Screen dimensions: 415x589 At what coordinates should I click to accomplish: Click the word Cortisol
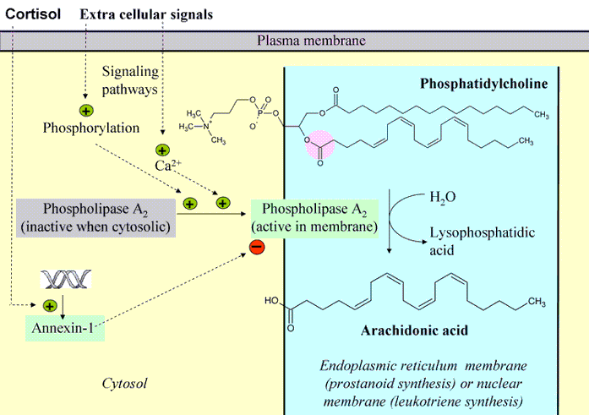pyautogui.click(x=33, y=14)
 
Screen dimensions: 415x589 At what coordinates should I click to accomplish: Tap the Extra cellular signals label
pyautogui.click(x=145, y=14)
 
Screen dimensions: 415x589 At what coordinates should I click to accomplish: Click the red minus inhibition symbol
pyautogui.click(x=256, y=247)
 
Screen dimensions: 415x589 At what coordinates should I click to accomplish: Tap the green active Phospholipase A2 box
pyautogui.click(x=314, y=217)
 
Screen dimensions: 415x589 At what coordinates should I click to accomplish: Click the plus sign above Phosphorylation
pyautogui.click(x=85, y=111)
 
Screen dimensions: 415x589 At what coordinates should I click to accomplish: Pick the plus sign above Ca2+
pyautogui.click(x=161, y=150)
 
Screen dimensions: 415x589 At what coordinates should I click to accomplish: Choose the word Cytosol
pyautogui.click(x=124, y=384)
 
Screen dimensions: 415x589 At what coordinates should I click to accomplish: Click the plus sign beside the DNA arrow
pyautogui.click(x=49, y=305)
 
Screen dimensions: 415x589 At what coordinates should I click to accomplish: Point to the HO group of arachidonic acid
pyautogui.click(x=271, y=300)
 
